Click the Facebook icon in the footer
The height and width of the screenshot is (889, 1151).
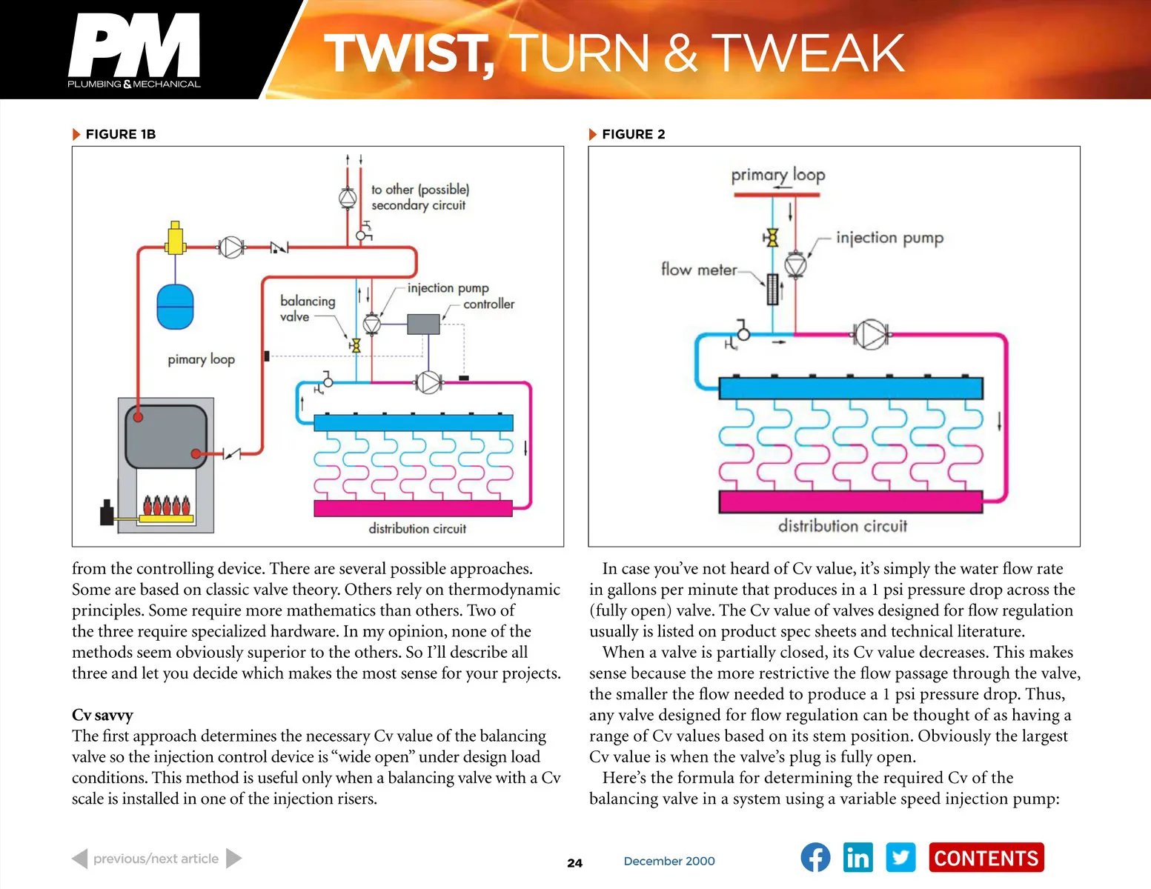(815, 858)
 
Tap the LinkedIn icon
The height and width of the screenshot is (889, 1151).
(858, 858)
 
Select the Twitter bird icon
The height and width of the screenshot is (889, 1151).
(900, 858)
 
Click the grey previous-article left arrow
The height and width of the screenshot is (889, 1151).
(80, 859)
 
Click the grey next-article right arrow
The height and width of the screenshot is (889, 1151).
(233, 859)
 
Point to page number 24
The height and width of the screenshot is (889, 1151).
(574, 862)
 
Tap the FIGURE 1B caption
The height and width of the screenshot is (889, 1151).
(120, 134)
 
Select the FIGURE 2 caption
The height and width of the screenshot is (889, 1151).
(633, 134)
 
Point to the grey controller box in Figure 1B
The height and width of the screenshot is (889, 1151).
(423, 324)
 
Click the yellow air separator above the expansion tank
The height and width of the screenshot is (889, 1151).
(175, 239)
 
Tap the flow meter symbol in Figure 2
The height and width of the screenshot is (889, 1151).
(772, 290)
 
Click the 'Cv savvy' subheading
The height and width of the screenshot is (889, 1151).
(102, 715)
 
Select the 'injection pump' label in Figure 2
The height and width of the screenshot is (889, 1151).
(889, 238)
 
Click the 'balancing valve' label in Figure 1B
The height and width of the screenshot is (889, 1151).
(307, 308)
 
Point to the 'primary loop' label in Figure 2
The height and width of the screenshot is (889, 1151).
(777, 175)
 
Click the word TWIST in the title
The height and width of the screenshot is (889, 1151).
(408, 53)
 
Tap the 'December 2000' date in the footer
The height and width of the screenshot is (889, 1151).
(669, 861)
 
